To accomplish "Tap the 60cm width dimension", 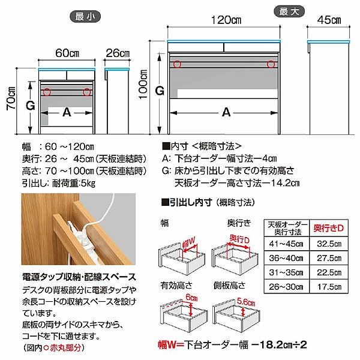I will click(67, 52).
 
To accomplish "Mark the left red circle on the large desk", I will click(177, 64).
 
